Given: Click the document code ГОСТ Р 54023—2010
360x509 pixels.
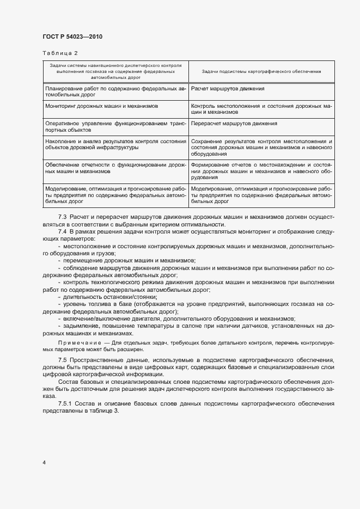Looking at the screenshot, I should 72,37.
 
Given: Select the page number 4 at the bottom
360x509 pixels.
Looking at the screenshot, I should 44,462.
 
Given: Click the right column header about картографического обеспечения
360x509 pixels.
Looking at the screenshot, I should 261,71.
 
